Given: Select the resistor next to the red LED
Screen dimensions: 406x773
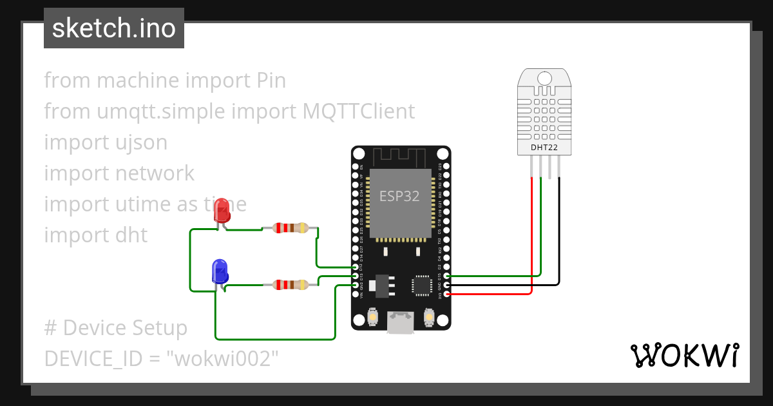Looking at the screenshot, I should (x=291, y=227).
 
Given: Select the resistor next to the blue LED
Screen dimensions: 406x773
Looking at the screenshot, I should (x=291, y=284).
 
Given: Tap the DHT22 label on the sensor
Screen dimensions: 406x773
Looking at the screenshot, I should (x=544, y=148).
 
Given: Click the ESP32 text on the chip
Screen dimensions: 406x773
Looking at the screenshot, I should (x=399, y=197).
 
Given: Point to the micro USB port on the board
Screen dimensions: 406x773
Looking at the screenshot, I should (x=400, y=323).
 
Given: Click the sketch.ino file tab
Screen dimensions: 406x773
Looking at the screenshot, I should (x=114, y=28).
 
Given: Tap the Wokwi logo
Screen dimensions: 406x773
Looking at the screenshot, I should (x=684, y=355).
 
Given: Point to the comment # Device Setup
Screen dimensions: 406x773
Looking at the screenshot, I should (x=116, y=328).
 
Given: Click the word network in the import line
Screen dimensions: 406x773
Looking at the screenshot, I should (x=155, y=173).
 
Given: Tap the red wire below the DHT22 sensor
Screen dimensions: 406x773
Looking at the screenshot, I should (x=531, y=232).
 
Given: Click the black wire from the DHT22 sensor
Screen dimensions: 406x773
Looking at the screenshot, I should (x=558, y=232).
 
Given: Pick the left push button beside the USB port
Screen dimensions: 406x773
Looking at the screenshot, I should (x=372, y=317).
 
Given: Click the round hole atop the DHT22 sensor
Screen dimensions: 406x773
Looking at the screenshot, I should (x=544, y=79).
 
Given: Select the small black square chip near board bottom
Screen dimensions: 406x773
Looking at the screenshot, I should (x=422, y=285).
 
